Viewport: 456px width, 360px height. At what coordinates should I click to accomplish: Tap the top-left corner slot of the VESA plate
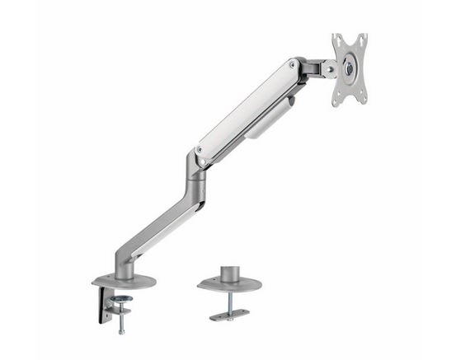(337, 40)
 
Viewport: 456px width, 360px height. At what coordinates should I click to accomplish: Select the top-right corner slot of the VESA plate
(362, 39)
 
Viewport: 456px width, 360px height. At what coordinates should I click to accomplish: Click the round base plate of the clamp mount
(124, 280)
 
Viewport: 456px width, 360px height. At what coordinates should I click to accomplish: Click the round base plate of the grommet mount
(228, 284)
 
